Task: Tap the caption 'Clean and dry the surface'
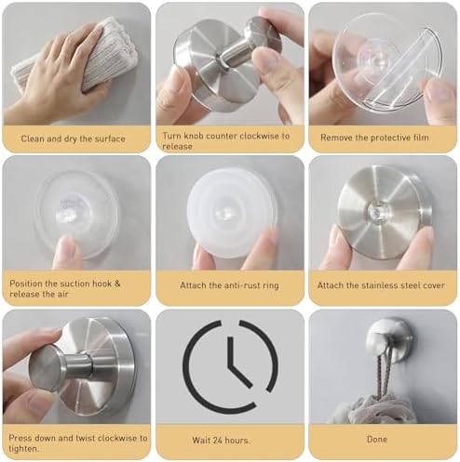[74, 138]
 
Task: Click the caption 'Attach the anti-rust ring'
[229, 285]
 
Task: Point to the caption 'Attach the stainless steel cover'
[383, 285]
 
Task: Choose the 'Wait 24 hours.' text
[229, 438]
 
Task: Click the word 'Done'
[383, 438]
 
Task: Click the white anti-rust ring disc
[230, 212]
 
